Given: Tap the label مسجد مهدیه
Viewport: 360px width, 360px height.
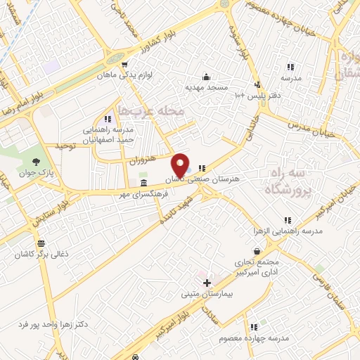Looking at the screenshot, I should [204, 88].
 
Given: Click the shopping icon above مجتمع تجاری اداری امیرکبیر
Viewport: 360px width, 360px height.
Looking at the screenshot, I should [257, 251].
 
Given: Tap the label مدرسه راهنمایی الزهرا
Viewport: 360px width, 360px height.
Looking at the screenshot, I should [288, 231].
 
